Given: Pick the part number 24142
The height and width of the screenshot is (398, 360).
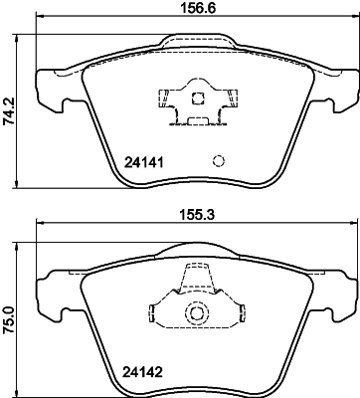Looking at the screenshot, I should tap(142, 377).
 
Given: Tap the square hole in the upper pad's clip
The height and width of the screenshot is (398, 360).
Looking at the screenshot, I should tap(197, 99).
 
